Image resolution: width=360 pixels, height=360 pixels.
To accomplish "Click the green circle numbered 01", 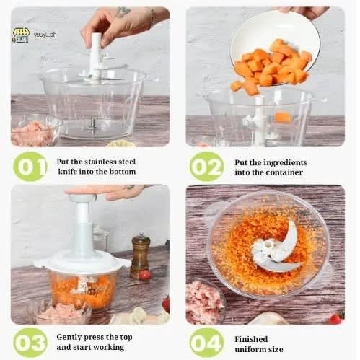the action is tap(30, 167).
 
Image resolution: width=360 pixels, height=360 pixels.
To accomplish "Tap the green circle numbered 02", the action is tap(206, 167).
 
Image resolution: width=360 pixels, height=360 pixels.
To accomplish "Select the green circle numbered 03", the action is tap(30, 343).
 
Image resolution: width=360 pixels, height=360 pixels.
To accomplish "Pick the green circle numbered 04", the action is tap(206, 343).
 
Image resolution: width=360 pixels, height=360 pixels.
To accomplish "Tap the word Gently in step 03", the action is tap(68, 338).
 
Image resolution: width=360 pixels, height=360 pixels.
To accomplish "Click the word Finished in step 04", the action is tap(251, 339).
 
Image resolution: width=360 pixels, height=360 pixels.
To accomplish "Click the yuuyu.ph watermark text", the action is tap(45, 35).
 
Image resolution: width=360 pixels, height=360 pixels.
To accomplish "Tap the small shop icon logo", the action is tap(21, 35).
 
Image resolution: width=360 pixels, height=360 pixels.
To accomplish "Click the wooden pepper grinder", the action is tap(140, 255).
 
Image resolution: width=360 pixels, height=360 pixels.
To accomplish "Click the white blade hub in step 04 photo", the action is tap(265, 251).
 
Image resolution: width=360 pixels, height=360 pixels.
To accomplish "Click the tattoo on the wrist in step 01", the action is tap(123, 12).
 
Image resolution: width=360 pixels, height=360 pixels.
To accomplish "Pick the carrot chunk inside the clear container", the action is tap(283, 117).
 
